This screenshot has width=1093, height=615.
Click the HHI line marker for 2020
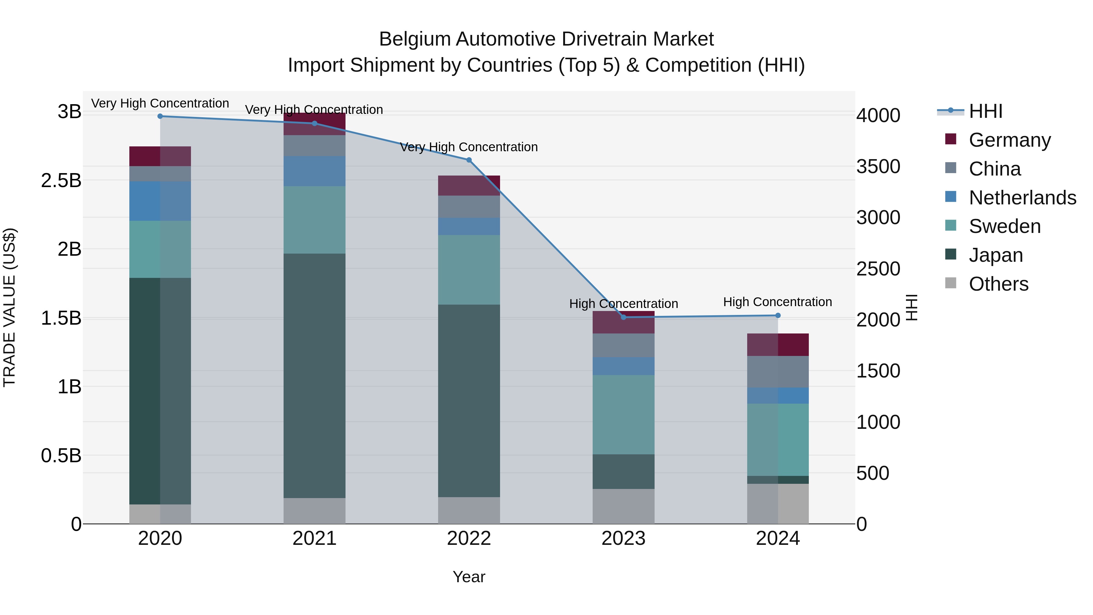point(160,116)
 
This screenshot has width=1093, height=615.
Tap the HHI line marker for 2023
point(623,317)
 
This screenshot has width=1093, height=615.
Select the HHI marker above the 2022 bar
point(469,160)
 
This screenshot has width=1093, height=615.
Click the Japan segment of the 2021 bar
point(315,376)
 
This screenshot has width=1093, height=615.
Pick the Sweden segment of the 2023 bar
point(623,414)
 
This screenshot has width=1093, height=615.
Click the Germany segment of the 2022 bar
point(469,186)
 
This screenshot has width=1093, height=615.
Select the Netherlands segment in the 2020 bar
point(160,201)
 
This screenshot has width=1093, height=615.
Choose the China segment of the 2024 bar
point(778,372)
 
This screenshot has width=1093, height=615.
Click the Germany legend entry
point(1010,140)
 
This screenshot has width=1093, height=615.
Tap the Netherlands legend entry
point(1022,198)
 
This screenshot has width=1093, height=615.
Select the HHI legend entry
point(985,111)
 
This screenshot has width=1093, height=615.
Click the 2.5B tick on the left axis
point(61,181)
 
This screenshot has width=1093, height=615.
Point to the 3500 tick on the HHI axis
point(878,166)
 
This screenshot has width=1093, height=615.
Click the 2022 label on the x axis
point(469,538)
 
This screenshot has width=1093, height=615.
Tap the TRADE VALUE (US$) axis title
point(10,307)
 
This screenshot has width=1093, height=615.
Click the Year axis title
point(469,577)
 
